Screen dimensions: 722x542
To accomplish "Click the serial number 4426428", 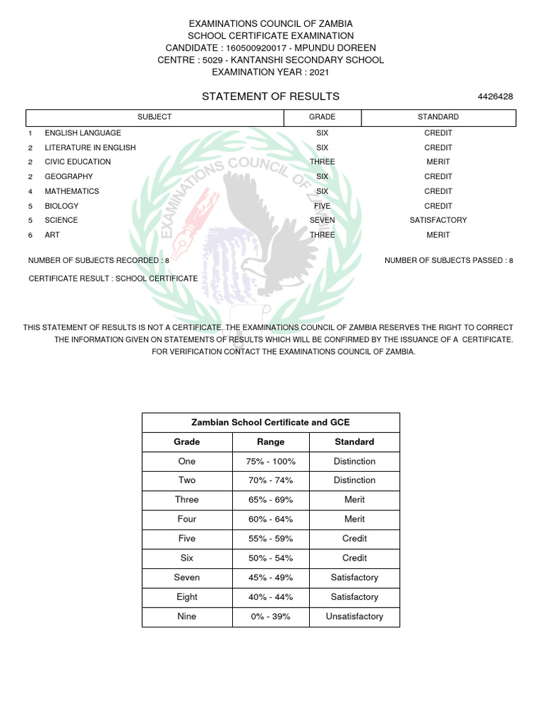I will point(495,97).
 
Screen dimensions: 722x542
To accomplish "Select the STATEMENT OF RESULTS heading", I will point(270,97).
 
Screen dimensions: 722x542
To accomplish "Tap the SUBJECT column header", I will point(155,117).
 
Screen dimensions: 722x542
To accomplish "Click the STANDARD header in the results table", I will point(438,117).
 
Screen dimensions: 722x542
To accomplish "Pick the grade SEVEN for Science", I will point(323,220).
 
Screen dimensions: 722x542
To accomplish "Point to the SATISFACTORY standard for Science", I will point(438,220).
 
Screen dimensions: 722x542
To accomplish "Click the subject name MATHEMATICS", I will point(72,191).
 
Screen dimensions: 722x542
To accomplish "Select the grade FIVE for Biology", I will point(323,206).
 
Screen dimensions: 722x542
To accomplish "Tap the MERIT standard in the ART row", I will point(438,235).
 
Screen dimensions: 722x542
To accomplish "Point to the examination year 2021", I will point(318,72).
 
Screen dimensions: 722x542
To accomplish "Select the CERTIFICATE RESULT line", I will point(113,279).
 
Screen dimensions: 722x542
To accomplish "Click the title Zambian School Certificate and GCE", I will point(270,422).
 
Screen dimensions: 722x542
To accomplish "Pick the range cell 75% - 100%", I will point(270,461).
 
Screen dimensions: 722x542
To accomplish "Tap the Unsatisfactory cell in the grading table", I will point(354,616).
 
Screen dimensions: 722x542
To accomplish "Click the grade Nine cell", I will point(187,616).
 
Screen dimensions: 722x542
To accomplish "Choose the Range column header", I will point(270,442).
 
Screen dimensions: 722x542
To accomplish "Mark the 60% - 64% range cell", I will point(270,519).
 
